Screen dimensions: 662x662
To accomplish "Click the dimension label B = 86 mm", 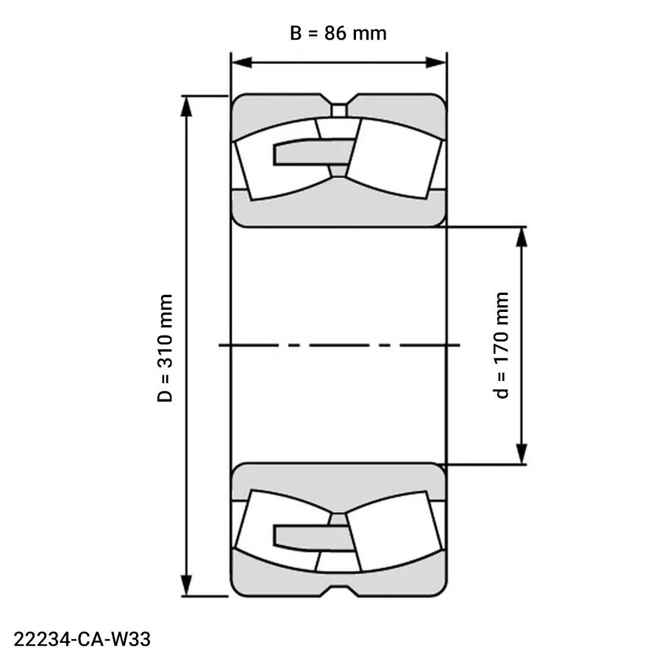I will point(338,34).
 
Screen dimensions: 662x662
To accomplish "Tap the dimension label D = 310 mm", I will point(166,348).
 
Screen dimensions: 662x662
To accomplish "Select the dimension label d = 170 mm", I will point(502,345).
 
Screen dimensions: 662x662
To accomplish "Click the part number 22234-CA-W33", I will point(82,639).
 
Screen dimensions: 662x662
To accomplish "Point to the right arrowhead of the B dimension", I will point(439,62).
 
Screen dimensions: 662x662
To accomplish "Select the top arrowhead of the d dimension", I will point(522,234).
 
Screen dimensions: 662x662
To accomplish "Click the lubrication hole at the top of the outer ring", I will point(338,110).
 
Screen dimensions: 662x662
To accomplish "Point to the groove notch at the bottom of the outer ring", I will point(338,588).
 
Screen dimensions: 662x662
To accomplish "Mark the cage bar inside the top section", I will point(309,152).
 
